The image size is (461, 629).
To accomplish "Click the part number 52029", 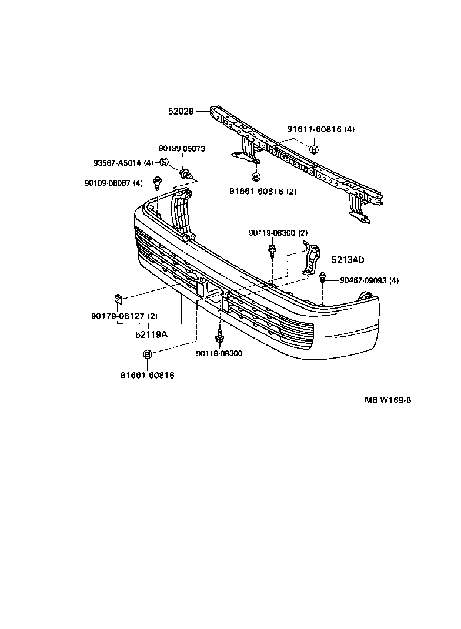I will (x=181, y=111).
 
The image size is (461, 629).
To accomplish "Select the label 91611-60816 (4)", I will (x=320, y=129).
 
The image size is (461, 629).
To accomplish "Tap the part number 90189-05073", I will (x=182, y=149).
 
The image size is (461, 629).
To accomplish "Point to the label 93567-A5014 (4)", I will (x=123, y=163).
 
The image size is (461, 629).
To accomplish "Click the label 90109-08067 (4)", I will (x=113, y=183).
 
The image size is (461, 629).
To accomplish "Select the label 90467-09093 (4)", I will (x=369, y=280).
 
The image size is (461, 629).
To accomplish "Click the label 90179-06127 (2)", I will (x=123, y=316).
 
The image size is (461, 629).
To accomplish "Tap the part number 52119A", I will (x=151, y=334).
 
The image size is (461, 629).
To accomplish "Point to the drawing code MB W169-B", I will (x=387, y=400).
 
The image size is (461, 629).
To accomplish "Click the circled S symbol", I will (x=164, y=162).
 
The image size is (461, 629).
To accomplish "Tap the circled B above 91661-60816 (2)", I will (x=256, y=176).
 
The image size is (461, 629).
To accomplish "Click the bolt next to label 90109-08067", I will (x=157, y=183).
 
